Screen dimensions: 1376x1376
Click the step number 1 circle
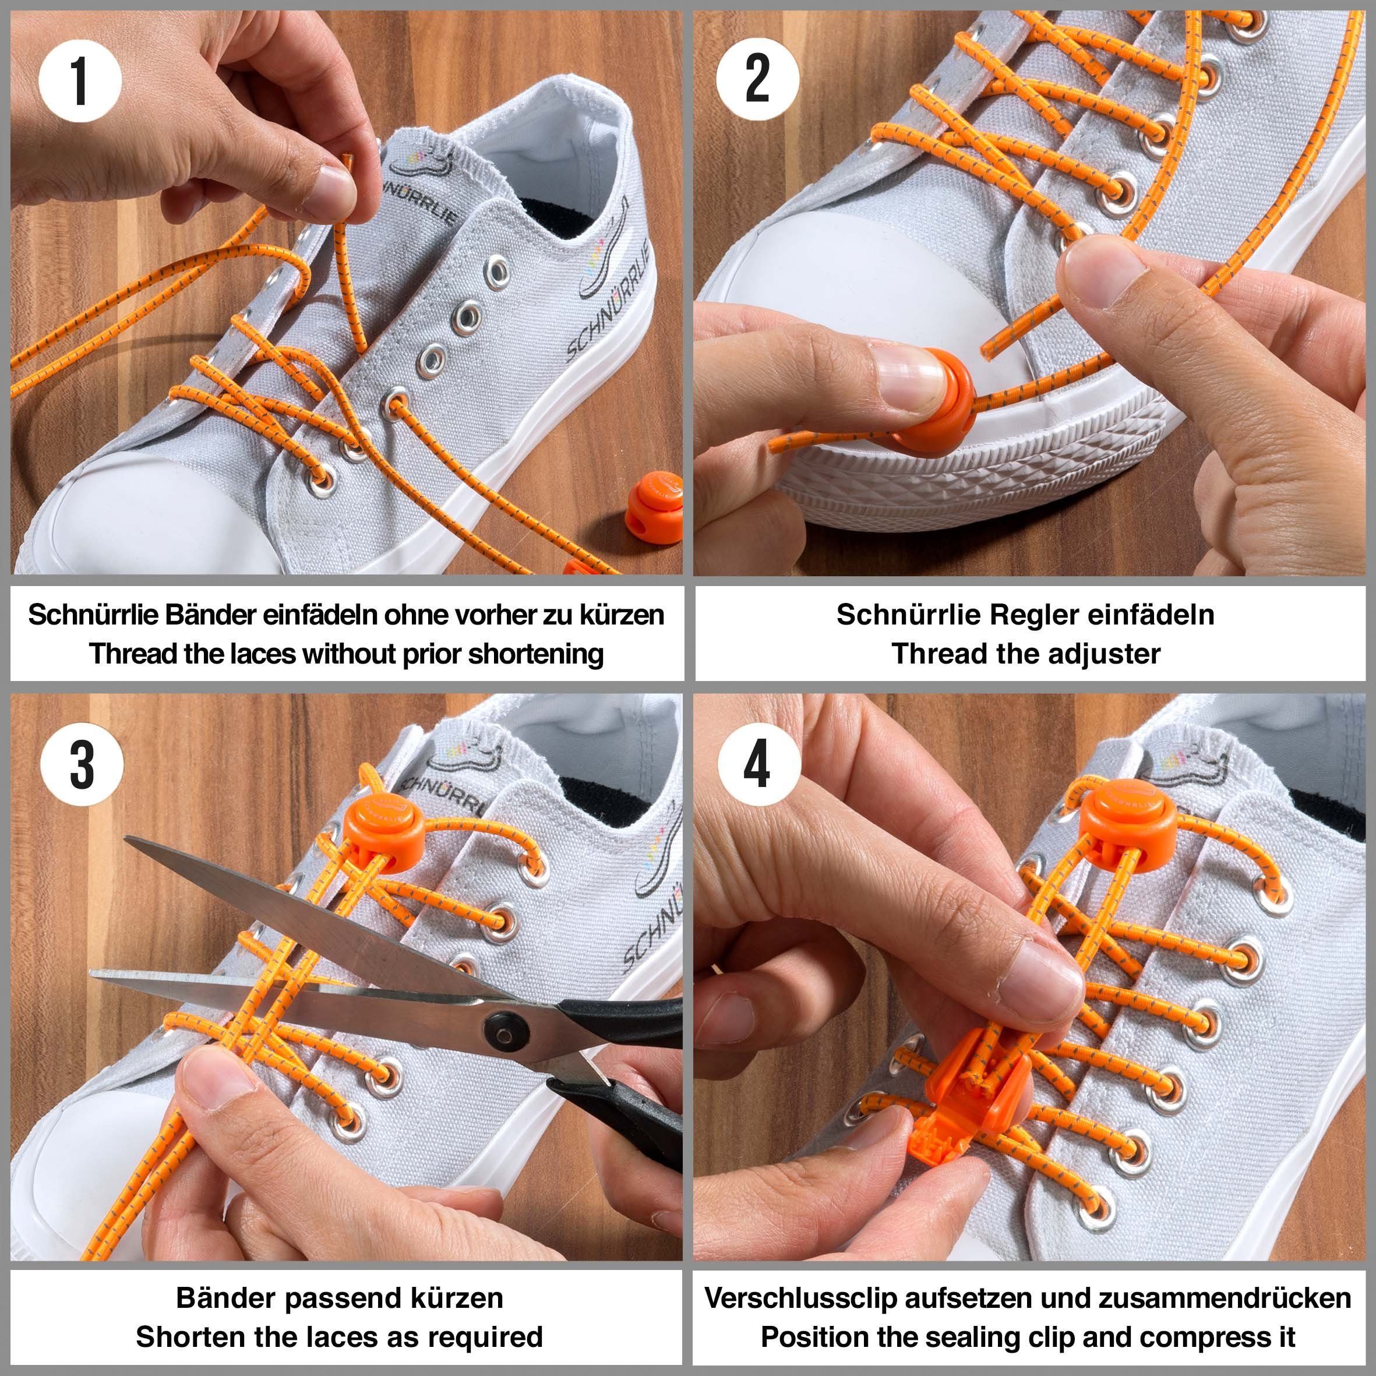(80, 80)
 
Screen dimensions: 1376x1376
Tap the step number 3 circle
(82, 765)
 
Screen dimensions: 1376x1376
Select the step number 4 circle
(758, 764)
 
